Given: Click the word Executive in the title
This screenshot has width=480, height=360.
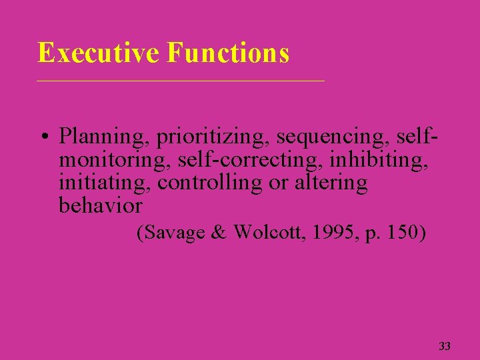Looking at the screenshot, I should click(99, 53).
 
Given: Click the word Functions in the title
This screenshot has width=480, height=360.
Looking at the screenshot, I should click(229, 53).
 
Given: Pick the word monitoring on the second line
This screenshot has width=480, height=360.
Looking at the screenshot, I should click(115, 160).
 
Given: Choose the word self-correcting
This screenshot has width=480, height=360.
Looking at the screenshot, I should click(247, 160).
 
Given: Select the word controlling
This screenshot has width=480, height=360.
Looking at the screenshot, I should click(210, 183).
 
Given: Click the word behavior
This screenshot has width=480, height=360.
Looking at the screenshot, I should click(101, 205).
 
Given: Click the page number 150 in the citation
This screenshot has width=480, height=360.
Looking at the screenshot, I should click(401, 234).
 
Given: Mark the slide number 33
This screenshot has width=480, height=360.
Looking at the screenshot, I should click(445, 346).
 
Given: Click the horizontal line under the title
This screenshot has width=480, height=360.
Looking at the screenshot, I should click(180, 81).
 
